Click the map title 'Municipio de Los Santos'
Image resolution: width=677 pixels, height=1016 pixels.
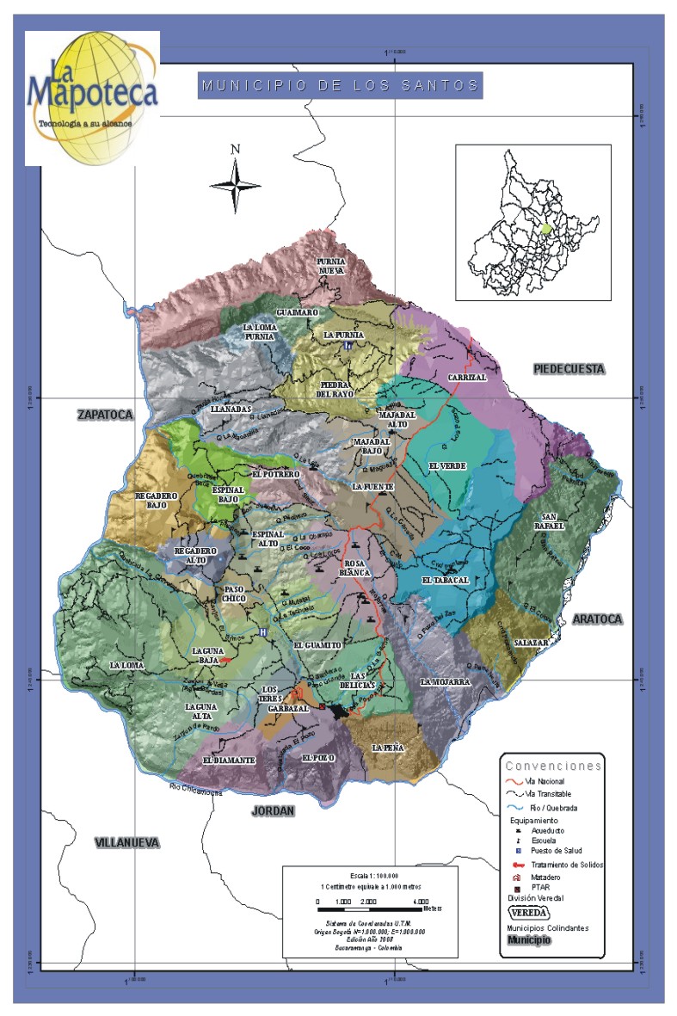pos(340,85)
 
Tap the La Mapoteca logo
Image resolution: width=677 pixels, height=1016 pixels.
pos(92,97)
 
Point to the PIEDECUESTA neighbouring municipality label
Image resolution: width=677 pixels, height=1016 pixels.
pos(569,369)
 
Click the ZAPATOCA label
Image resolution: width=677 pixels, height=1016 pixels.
pos(106,415)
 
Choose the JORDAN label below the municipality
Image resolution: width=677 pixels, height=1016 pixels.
pos(273,810)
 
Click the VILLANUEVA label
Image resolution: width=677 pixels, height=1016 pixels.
pos(127,842)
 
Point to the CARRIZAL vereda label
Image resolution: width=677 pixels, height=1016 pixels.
pos(467,377)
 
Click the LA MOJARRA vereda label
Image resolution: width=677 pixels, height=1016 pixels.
pos(445,681)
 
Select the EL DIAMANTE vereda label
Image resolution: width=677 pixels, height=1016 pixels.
pos(229,760)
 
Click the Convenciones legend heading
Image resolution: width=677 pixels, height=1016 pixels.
pos(553,765)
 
